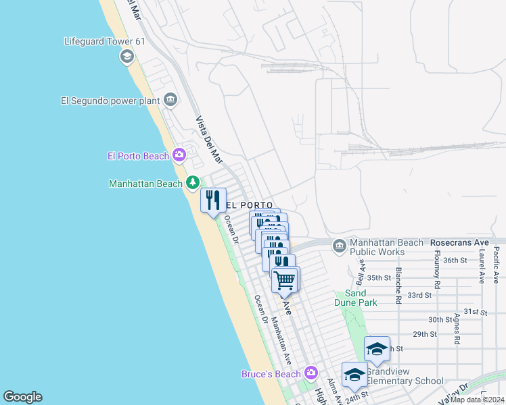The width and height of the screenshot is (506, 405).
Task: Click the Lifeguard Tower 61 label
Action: (x=105, y=41)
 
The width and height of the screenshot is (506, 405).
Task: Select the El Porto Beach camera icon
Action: (x=179, y=156)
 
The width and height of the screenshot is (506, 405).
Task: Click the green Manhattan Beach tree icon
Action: (x=193, y=183)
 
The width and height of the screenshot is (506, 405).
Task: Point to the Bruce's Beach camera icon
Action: (x=310, y=373)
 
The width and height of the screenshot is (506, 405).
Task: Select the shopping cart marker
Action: (x=285, y=279)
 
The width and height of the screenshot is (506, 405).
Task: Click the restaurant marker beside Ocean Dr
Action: (x=212, y=200)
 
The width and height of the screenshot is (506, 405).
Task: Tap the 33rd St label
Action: (x=419, y=295)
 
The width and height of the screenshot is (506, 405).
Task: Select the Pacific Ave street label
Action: (x=497, y=264)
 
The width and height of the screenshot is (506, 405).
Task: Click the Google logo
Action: (x=22, y=397)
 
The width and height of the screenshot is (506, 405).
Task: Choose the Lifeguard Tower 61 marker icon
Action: (x=127, y=57)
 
